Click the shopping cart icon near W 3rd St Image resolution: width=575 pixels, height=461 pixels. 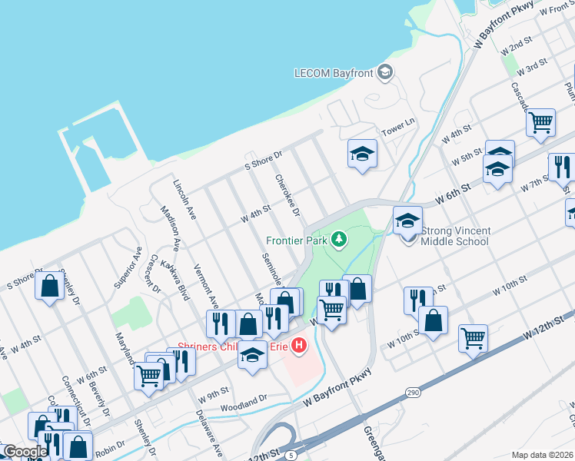(541, 121)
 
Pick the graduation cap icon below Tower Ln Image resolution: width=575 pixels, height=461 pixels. (361, 153)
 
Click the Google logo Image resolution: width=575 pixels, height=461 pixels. (25, 452)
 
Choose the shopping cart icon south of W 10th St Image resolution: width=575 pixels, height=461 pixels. (473, 337)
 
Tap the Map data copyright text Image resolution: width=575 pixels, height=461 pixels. (541, 455)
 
